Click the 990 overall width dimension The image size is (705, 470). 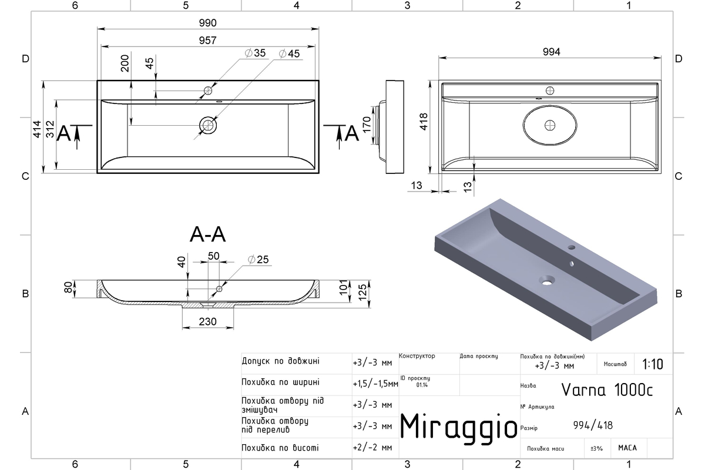point(208,23)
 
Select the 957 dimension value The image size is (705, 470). point(208,41)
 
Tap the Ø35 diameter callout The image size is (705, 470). point(255,53)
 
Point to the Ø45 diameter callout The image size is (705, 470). point(289,53)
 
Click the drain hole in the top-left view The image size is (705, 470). point(208,125)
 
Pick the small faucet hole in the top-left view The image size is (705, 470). point(208,90)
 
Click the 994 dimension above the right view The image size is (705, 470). point(552,52)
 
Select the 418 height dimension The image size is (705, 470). point(424,122)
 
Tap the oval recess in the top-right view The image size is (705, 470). point(550,125)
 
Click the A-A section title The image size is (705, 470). point(208,234)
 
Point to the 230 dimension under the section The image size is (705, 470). point(208,321)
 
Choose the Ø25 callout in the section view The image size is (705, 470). point(258,260)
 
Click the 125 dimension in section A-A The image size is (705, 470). point(362,292)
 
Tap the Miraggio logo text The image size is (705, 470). point(459,428)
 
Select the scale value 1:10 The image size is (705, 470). point(653,364)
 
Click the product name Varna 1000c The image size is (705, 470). point(607,390)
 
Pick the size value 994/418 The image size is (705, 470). point(593,425)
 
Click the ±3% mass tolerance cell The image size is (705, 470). point(596,448)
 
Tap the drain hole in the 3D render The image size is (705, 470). point(547,280)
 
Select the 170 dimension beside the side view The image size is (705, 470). point(367,125)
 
